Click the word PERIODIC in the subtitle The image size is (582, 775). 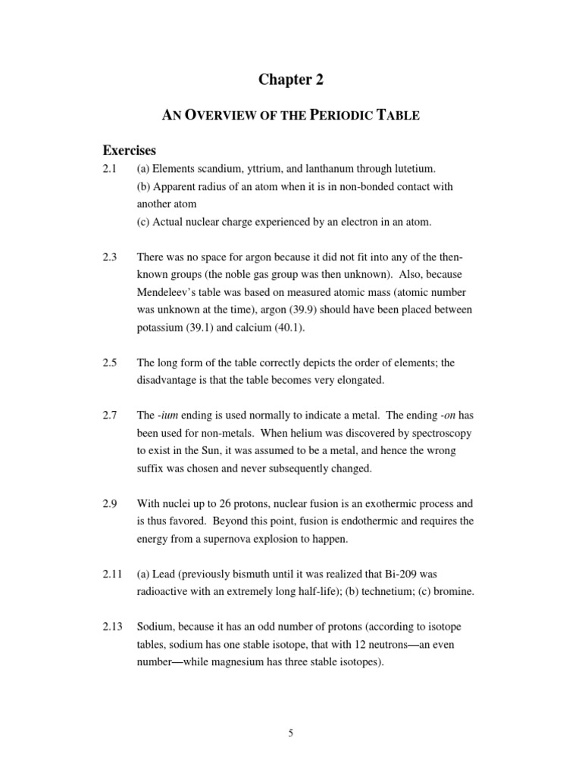coord(312,116)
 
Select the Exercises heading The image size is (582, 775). coord(129,151)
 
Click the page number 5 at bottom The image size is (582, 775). coord(290,732)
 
